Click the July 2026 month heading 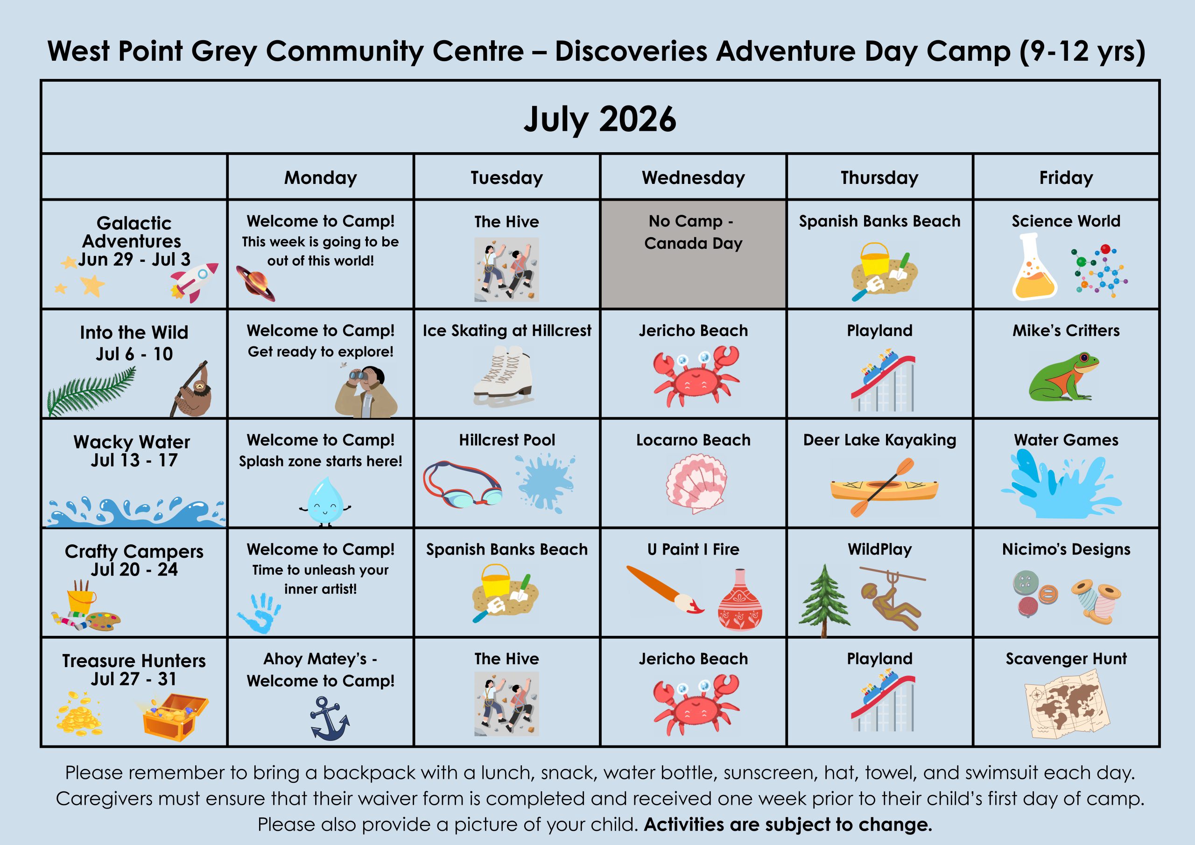click(x=599, y=119)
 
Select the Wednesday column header click(x=693, y=177)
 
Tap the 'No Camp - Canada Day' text click(x=693, y=232)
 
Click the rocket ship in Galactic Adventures click(x=194, y=282)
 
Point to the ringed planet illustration click(x=255, y=283)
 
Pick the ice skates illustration click(x=503, y=376)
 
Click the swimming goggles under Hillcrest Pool click(x=462, y=484)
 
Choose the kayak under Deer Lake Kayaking click(x=884, y=487)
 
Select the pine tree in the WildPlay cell click(x=824, y=600)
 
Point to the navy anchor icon click(x=330, y=718)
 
